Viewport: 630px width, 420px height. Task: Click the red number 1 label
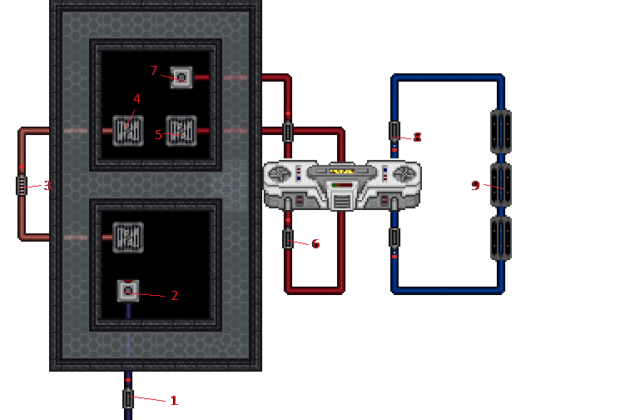tap(175, 401)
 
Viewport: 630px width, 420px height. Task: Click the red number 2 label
tap(175, 296)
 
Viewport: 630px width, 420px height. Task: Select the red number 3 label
tap(48, 186)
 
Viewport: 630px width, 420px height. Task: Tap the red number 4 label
tap(136, 99)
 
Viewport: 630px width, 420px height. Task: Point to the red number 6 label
tap(315, 244)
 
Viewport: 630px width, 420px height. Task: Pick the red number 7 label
tap(154, 71)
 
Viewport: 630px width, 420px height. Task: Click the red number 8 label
tap(417, 137)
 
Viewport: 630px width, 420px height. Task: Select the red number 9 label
tap(476, 186)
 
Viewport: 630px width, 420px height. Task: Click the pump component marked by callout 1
tap(128, 398)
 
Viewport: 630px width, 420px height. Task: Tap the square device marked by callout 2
tap(128, 291)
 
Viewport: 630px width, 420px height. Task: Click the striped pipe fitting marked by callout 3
tap(22, 185)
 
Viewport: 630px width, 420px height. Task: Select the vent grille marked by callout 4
tap(128, 131)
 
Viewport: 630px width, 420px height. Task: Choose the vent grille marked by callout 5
tap(181, 131)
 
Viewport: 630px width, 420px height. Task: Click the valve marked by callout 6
tap(288, 239)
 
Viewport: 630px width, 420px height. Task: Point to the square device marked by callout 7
tap(181, 77)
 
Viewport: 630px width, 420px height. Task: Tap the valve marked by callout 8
tap(394, 131)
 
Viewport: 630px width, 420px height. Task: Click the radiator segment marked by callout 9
tap(500, 185)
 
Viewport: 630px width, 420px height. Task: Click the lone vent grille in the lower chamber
tap(128, 237)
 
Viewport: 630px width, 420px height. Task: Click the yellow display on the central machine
tap(342, 171)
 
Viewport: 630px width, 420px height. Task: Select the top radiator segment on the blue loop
tap(500, 131)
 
